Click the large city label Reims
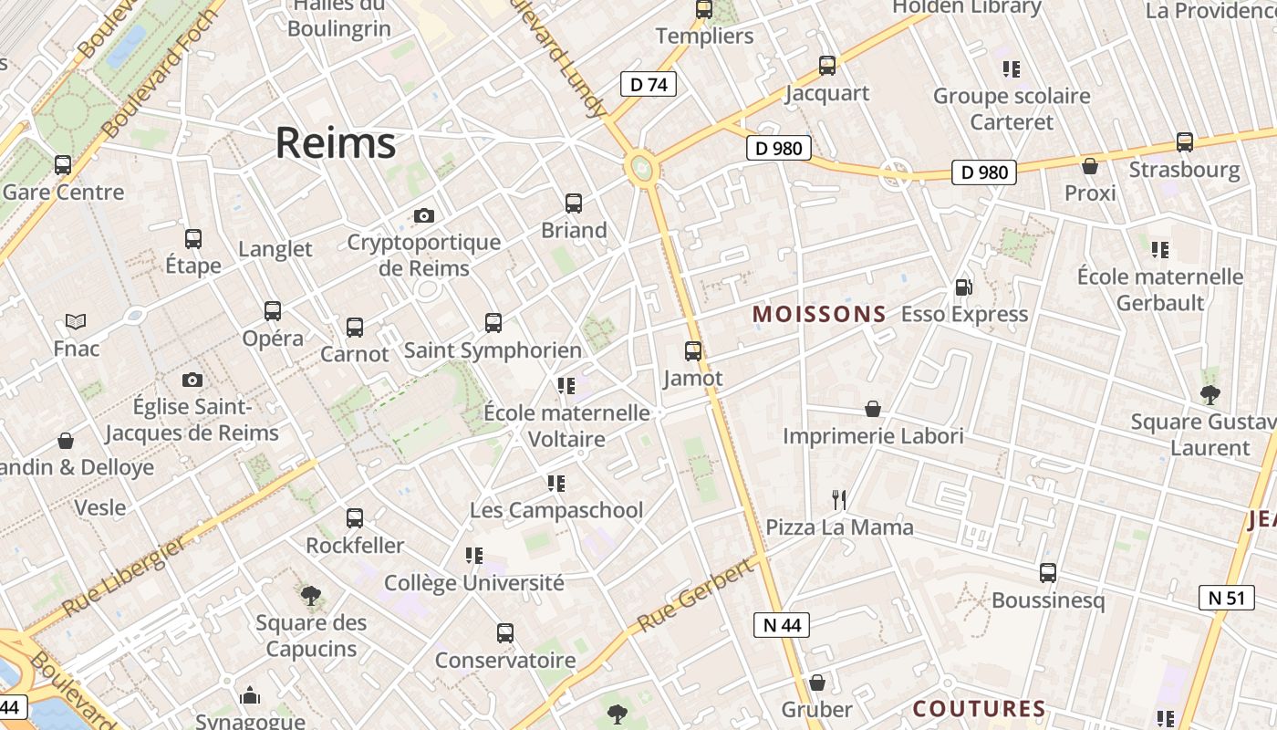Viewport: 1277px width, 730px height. pos(336,143)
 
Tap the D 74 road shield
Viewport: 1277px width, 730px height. pos(648,85)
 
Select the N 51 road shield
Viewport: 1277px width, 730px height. pos(1225,598)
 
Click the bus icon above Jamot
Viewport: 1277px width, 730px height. pos(693,351)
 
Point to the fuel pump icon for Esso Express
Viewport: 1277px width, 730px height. pos(963,287)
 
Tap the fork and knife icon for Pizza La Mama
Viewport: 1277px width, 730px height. pos(839,500)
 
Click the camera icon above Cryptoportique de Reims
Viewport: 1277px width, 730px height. pos(424,216)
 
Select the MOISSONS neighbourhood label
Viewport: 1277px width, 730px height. pos(819,315)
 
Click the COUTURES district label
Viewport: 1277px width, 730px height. pos(979,709)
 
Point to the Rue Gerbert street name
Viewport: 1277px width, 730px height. pos(695,596)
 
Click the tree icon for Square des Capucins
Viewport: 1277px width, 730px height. pos(311,596)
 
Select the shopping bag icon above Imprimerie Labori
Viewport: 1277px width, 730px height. pos(873,409)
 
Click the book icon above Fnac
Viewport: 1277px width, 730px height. pos(76,321)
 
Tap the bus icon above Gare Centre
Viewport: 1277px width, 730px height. pos(63,165)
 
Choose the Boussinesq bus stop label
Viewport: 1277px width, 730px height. pos(1047,600)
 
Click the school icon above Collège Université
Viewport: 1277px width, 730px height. pos(473,555)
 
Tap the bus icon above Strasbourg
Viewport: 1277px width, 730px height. pos(1185,142)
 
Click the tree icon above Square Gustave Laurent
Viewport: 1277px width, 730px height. pos(1210,395)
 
